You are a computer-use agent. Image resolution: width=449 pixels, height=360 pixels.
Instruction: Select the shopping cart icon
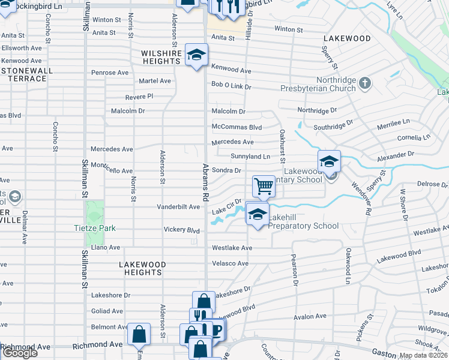tap(263, 186)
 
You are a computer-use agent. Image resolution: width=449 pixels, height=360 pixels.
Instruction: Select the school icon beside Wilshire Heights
tap(196, 55)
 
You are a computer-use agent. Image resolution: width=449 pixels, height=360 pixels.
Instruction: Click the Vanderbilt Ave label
tap(178, 207)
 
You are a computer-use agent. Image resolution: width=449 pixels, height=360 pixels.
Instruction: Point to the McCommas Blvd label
tap(237, 127)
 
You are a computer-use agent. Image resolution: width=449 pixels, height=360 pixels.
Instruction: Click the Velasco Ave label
tap(229, 263)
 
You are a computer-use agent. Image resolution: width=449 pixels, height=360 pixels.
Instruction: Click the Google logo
tap(19, 353)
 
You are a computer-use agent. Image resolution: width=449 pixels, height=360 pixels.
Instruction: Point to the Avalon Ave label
tap(310, 316)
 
